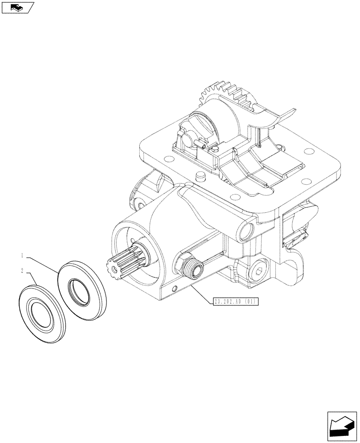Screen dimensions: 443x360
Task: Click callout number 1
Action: pos(21,255)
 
